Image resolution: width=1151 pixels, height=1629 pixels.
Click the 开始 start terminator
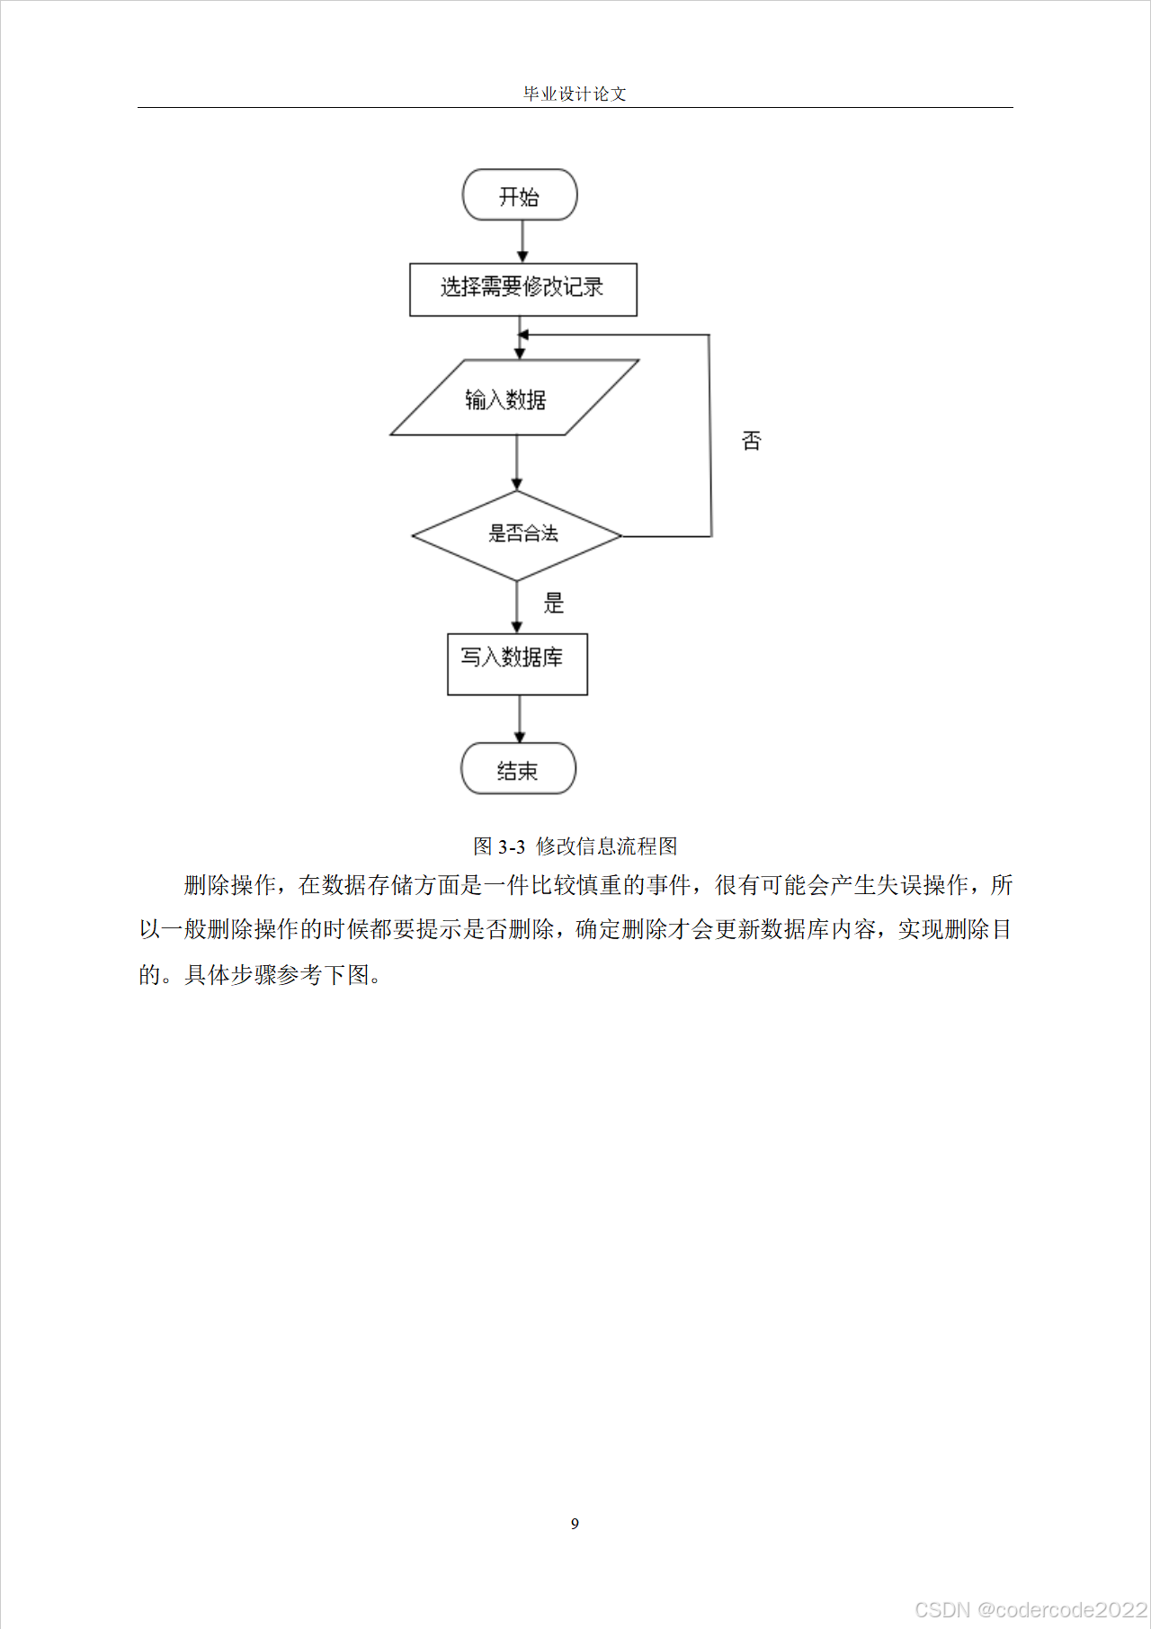click(x=520, y=195)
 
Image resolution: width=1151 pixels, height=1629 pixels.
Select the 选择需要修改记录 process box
click(x=522, y=289)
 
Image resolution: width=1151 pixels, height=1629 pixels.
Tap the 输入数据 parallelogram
click(x=513, y=398)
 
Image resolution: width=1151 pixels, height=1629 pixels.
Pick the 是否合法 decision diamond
click(x=517, y=535)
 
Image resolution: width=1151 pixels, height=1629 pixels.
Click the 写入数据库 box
click(x=517, y=664)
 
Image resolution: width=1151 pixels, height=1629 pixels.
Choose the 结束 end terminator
click(x=518, y=769)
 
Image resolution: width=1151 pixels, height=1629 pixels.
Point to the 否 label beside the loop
click(x=751, y=441)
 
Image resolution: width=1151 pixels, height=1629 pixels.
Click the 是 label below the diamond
click(x=553, y=603)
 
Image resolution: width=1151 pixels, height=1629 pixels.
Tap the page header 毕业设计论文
click(x=575, y=94)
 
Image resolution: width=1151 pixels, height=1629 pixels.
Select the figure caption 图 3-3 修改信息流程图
click(x=575, y=846)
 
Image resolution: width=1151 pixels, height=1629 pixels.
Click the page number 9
click(x=575, y=1523)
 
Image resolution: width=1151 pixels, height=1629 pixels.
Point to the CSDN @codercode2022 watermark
click(x=1031, y=1609)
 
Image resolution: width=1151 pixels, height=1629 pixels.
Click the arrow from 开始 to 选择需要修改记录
click(x=522, y=241)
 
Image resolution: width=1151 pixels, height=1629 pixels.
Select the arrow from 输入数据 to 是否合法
click(x=516, y=462)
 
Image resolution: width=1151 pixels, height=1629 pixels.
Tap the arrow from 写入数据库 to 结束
click(x=519, y=719)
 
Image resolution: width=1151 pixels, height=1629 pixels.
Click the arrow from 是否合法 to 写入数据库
click(x=516, y=607)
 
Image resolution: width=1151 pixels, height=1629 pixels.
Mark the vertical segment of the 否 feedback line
click(x=710, y=436)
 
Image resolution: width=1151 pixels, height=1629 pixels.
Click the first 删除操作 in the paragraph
click(x=229, y=885)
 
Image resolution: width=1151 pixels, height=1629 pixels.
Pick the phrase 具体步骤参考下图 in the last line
click(x=277, y=975)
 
